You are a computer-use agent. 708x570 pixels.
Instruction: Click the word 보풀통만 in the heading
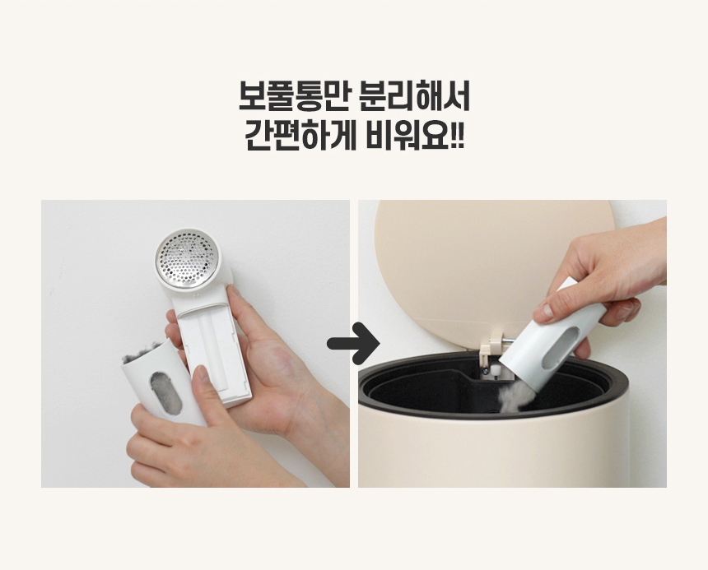click(x=294, y=96)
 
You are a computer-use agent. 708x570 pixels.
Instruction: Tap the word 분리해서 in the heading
click(x=414, y=96)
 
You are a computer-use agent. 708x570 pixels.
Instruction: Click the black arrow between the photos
click(x=353, y=344)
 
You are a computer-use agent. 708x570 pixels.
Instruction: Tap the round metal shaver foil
click(x=186, y=258)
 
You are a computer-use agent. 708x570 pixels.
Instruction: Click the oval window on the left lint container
click(x=165, y=393)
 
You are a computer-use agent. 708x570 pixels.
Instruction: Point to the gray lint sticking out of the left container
click(x=141, y=352)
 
